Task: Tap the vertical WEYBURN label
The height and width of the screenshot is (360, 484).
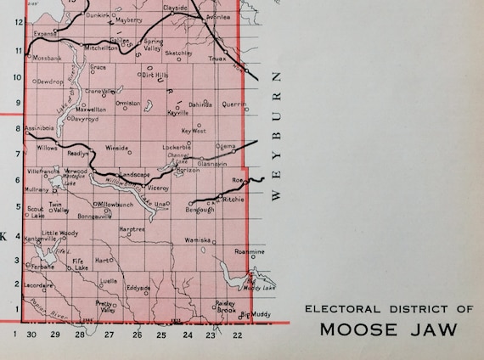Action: pos(277,136)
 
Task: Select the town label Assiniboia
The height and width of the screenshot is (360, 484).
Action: pos(40,127)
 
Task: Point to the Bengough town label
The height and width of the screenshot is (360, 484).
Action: pos(201,210)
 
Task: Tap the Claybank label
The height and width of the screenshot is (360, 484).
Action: pos(175,7)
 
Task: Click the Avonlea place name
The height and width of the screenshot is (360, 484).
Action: pos(217,16)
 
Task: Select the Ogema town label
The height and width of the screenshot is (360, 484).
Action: pos(226,146)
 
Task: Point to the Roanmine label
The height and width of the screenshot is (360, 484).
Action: pos(250,252)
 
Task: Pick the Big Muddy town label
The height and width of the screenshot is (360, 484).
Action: pos(256,314)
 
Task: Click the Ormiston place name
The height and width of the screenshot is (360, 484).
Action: pos(128,102)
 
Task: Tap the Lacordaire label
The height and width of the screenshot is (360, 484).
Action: pos(41,286)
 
